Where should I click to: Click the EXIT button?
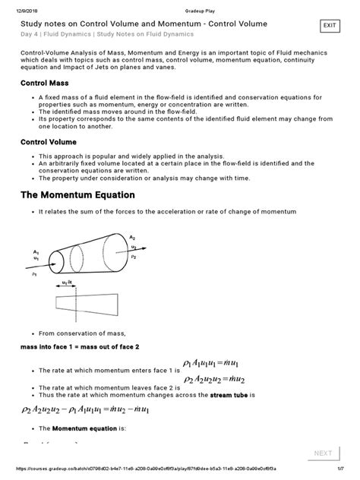(x=330, y=26)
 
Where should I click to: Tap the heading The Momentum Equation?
(x=95, y=194)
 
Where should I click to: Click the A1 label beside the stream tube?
(x=36, y=251)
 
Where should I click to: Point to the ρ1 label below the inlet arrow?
(x=34, y=276)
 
